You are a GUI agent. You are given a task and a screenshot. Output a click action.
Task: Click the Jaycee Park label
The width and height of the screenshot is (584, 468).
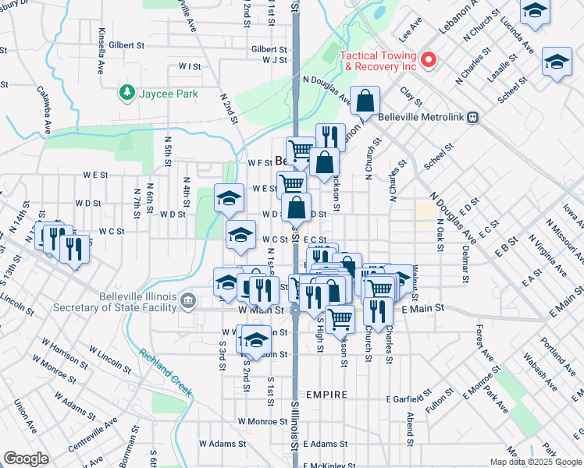coord(169,94)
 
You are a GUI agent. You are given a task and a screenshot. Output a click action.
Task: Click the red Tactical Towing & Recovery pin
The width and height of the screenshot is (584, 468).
coord(428,59)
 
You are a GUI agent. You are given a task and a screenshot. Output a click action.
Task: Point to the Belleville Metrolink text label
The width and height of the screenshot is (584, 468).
coord(421,117)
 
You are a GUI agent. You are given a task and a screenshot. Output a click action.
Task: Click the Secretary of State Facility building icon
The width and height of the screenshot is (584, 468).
coord(188,300)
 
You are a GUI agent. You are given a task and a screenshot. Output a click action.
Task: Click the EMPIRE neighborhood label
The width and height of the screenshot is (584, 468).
coord(326,395)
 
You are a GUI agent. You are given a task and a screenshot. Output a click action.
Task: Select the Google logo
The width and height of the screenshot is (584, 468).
coord(26,459)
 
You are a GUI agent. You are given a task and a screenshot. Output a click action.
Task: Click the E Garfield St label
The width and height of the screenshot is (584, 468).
coord(409,399)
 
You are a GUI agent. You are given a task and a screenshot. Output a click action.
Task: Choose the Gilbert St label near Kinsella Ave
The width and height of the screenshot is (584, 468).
coord(128,46)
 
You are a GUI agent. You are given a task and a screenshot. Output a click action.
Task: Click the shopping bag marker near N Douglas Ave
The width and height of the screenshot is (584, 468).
coord(365,101)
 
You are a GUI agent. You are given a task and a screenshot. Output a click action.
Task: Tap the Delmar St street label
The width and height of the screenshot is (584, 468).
coord(466,264)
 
